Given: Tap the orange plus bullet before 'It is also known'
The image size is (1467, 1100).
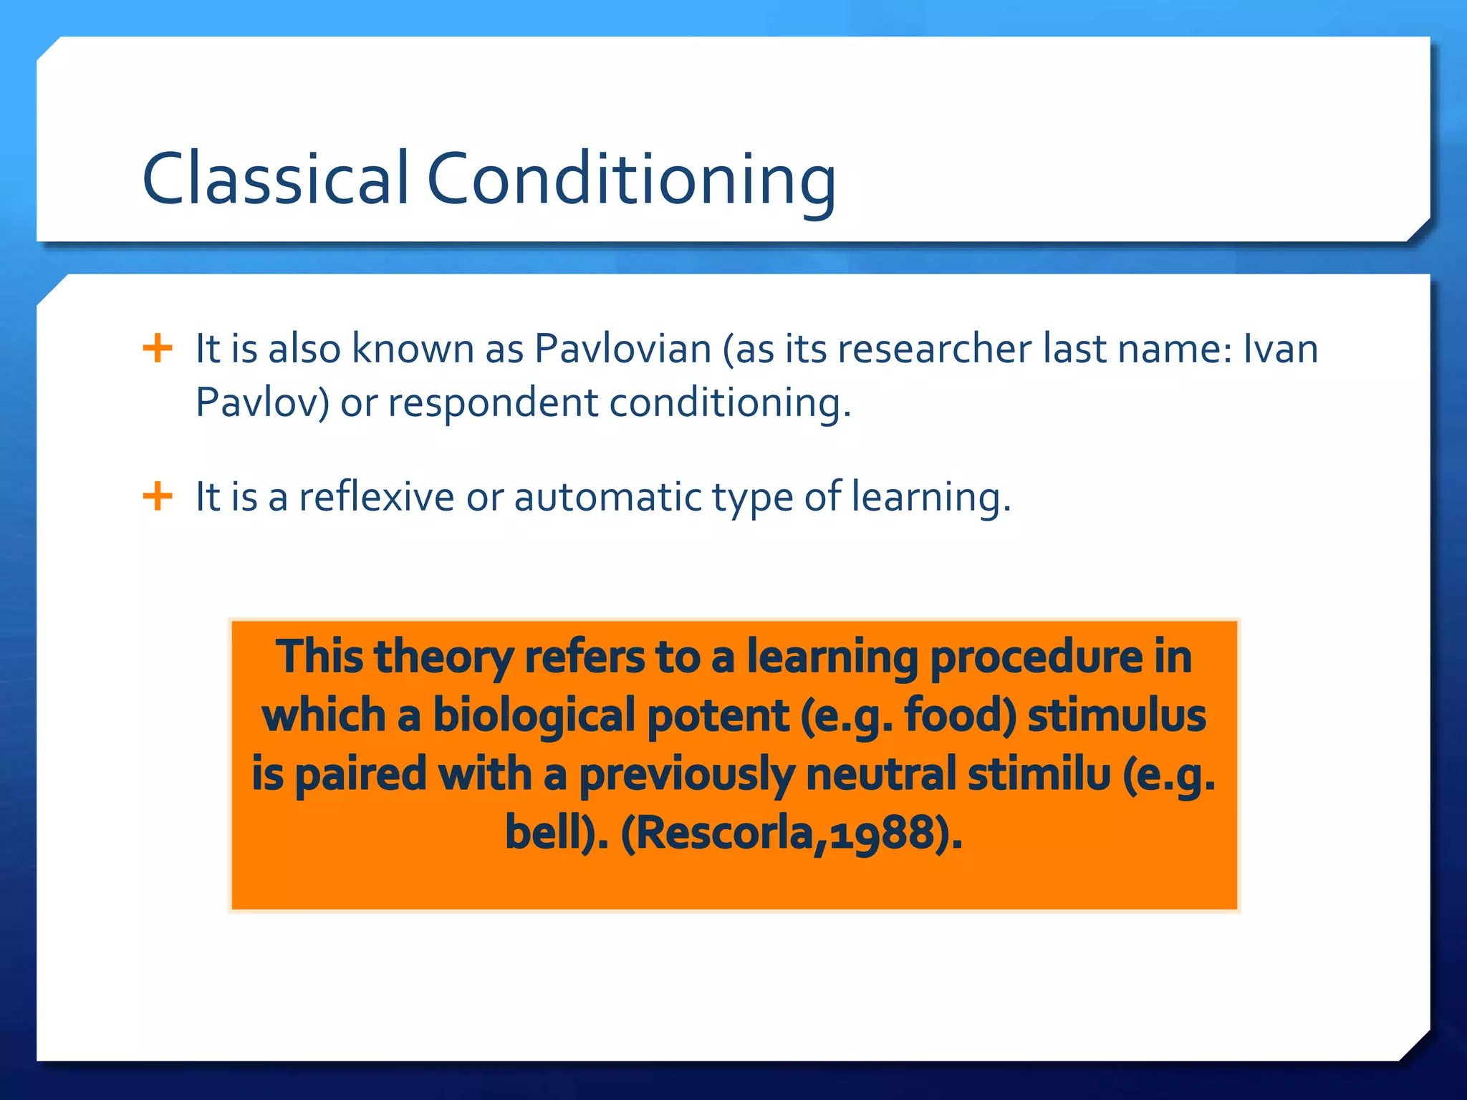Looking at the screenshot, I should coord(158,349).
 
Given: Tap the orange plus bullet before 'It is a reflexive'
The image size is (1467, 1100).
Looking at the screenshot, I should coord(158,496).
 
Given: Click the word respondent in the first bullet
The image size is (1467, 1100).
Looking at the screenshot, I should coord(493,403).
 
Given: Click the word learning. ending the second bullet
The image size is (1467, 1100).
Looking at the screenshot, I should coord(930,498).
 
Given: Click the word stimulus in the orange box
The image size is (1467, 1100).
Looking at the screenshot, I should coord(1117,716).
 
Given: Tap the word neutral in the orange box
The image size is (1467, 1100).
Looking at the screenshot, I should coord(881,775).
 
